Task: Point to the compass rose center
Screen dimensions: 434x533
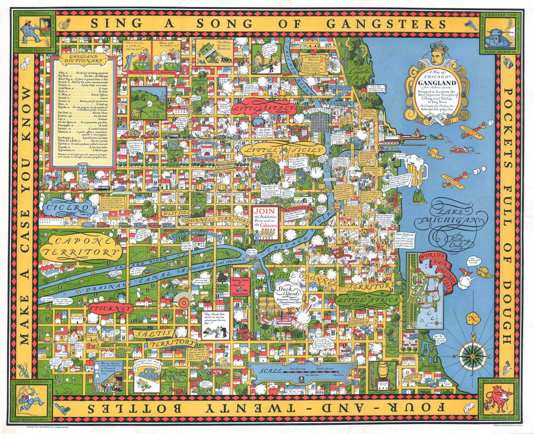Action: pos(472,356)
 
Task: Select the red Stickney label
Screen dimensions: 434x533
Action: pos(111,308)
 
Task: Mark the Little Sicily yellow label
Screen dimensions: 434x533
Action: pos(286,149)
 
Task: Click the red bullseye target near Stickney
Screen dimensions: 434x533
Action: pos(184,301)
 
